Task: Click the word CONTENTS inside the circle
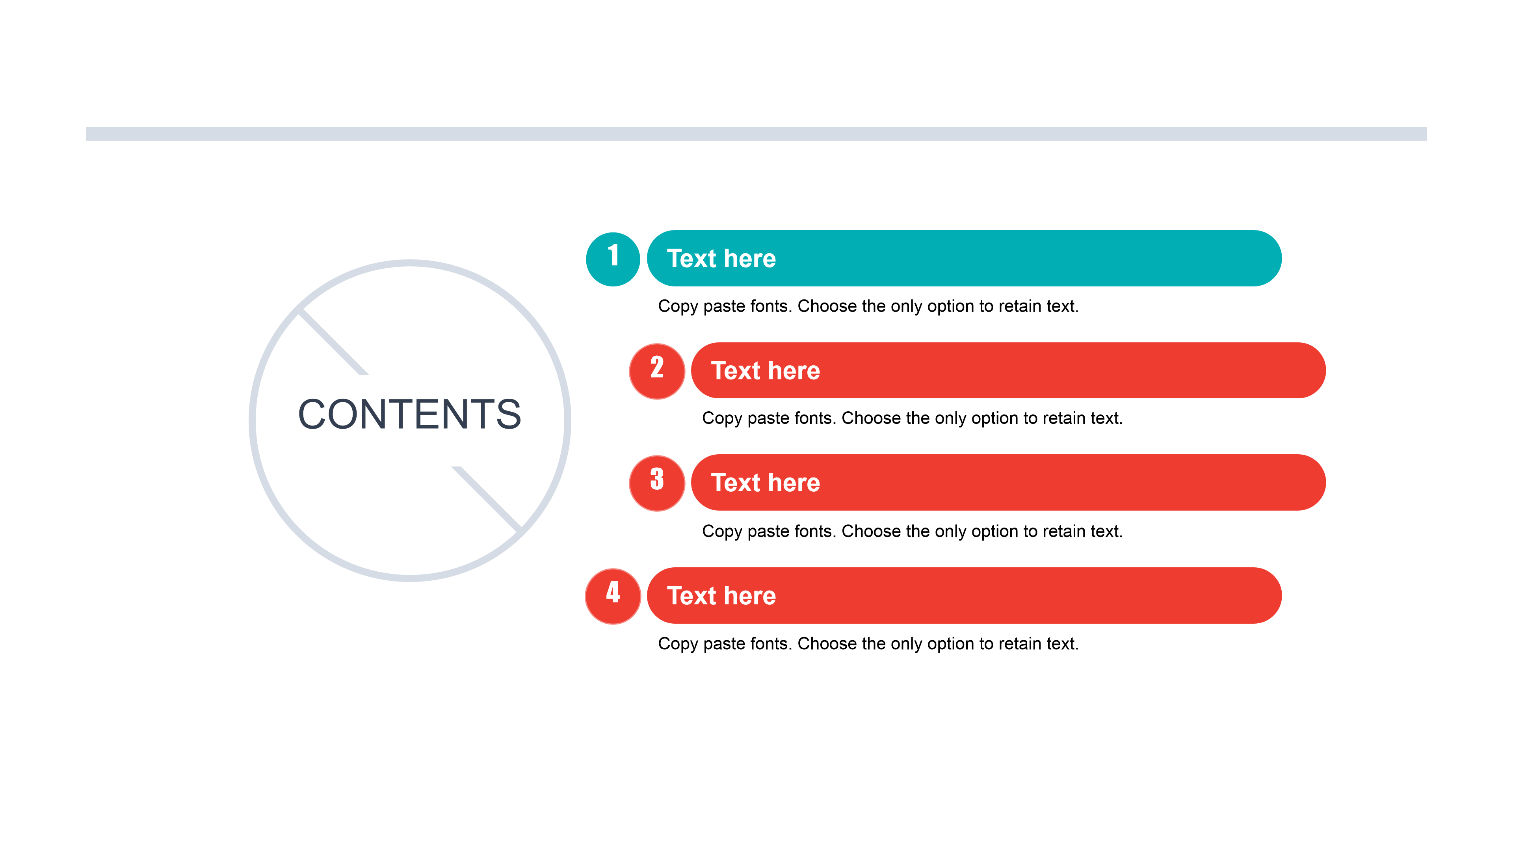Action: coord(409,414)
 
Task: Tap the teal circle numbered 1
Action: coord(613,259)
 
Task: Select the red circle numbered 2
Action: coord(657,371)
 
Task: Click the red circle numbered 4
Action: coord(613,596)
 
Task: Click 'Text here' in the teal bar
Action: coord(721,259)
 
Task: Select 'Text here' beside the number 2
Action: coord(765,371)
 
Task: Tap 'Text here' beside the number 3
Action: coord(765,483)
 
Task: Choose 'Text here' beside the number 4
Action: coord(721,596)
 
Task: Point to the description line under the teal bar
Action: coord(868,307)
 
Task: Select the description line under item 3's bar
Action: coord(912,531)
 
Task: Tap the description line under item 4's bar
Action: coord(868,644)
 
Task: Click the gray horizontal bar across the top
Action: coord(756,134)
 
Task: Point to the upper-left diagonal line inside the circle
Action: coord(333,342)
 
